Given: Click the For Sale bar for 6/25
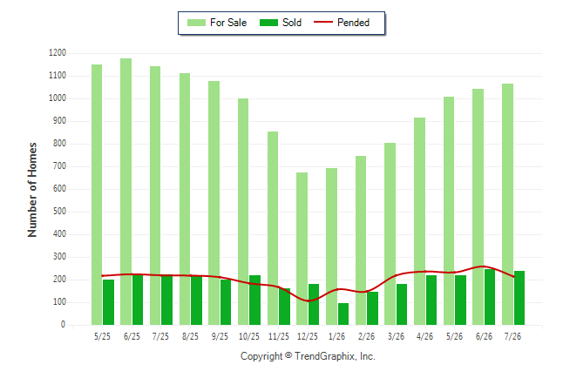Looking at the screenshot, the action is [126, 192].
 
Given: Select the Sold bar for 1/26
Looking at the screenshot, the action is [343, 314].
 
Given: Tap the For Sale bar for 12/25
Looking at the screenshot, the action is [302, 249].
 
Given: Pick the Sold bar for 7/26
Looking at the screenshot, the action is [519, 298].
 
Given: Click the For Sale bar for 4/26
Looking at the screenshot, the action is [420, 221].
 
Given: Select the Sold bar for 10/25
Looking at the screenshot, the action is [255, 300].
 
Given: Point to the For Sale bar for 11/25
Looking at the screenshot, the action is [273, 228].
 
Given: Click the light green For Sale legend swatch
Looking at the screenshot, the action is [196, 23].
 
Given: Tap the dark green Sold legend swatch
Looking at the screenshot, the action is [269, 23].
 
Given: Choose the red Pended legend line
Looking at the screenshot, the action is [323, 22].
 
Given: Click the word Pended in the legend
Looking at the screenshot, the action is [353, 23].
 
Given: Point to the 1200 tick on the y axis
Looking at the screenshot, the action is [58, 53].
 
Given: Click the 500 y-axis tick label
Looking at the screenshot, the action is [59, 212].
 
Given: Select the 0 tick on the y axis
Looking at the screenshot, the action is [64, 325].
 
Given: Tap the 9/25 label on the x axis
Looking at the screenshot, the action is [220, 336].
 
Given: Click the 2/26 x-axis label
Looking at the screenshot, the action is [366, 336].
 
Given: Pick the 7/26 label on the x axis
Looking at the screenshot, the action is [512, 336].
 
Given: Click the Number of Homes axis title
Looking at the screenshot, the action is [32, 190].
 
